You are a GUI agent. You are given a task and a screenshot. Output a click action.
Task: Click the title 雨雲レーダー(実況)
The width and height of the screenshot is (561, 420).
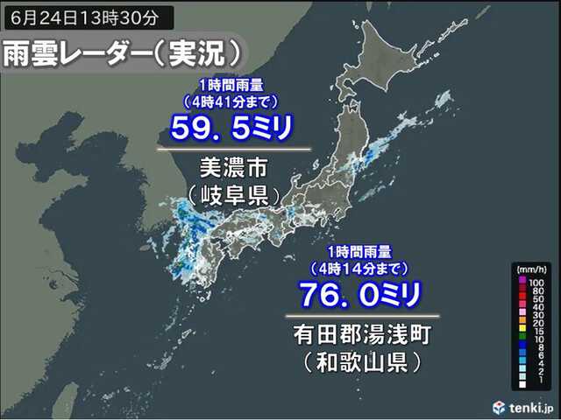(123, 55)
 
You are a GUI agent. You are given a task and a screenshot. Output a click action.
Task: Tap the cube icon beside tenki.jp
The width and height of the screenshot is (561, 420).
(499, 406)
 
